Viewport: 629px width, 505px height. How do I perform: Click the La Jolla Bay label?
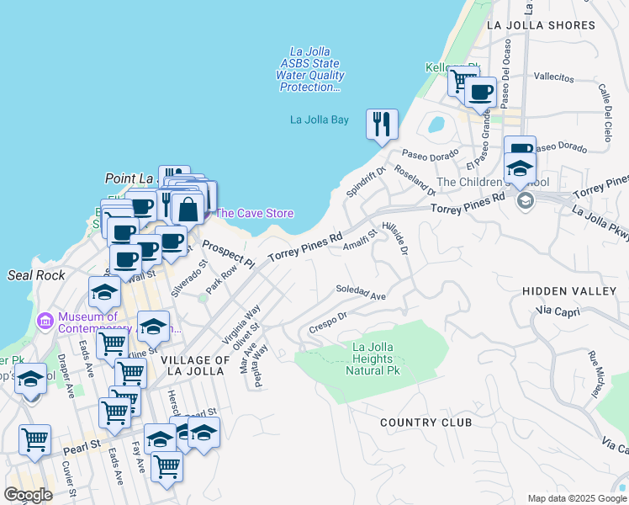point(319,120)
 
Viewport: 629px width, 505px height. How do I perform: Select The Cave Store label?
point(254,213)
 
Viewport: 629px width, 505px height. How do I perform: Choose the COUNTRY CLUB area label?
point(425,422)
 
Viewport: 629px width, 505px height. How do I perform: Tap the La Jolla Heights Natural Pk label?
point(373,359)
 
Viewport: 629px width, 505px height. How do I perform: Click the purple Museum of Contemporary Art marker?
point(45,320)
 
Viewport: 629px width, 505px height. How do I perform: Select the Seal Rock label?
point(30,275)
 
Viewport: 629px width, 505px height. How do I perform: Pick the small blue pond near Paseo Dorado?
point(436,125)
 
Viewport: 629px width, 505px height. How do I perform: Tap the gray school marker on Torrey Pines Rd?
point(526,200)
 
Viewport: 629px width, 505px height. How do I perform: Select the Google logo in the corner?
point(28,495)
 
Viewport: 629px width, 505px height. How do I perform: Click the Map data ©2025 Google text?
point(576,498)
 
